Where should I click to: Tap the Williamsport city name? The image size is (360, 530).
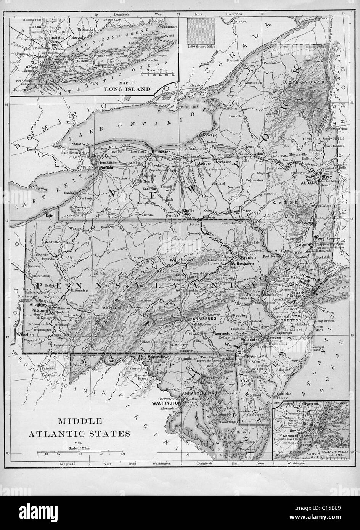[x=182, y=260]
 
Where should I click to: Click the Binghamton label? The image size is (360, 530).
[x=239, y=211]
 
